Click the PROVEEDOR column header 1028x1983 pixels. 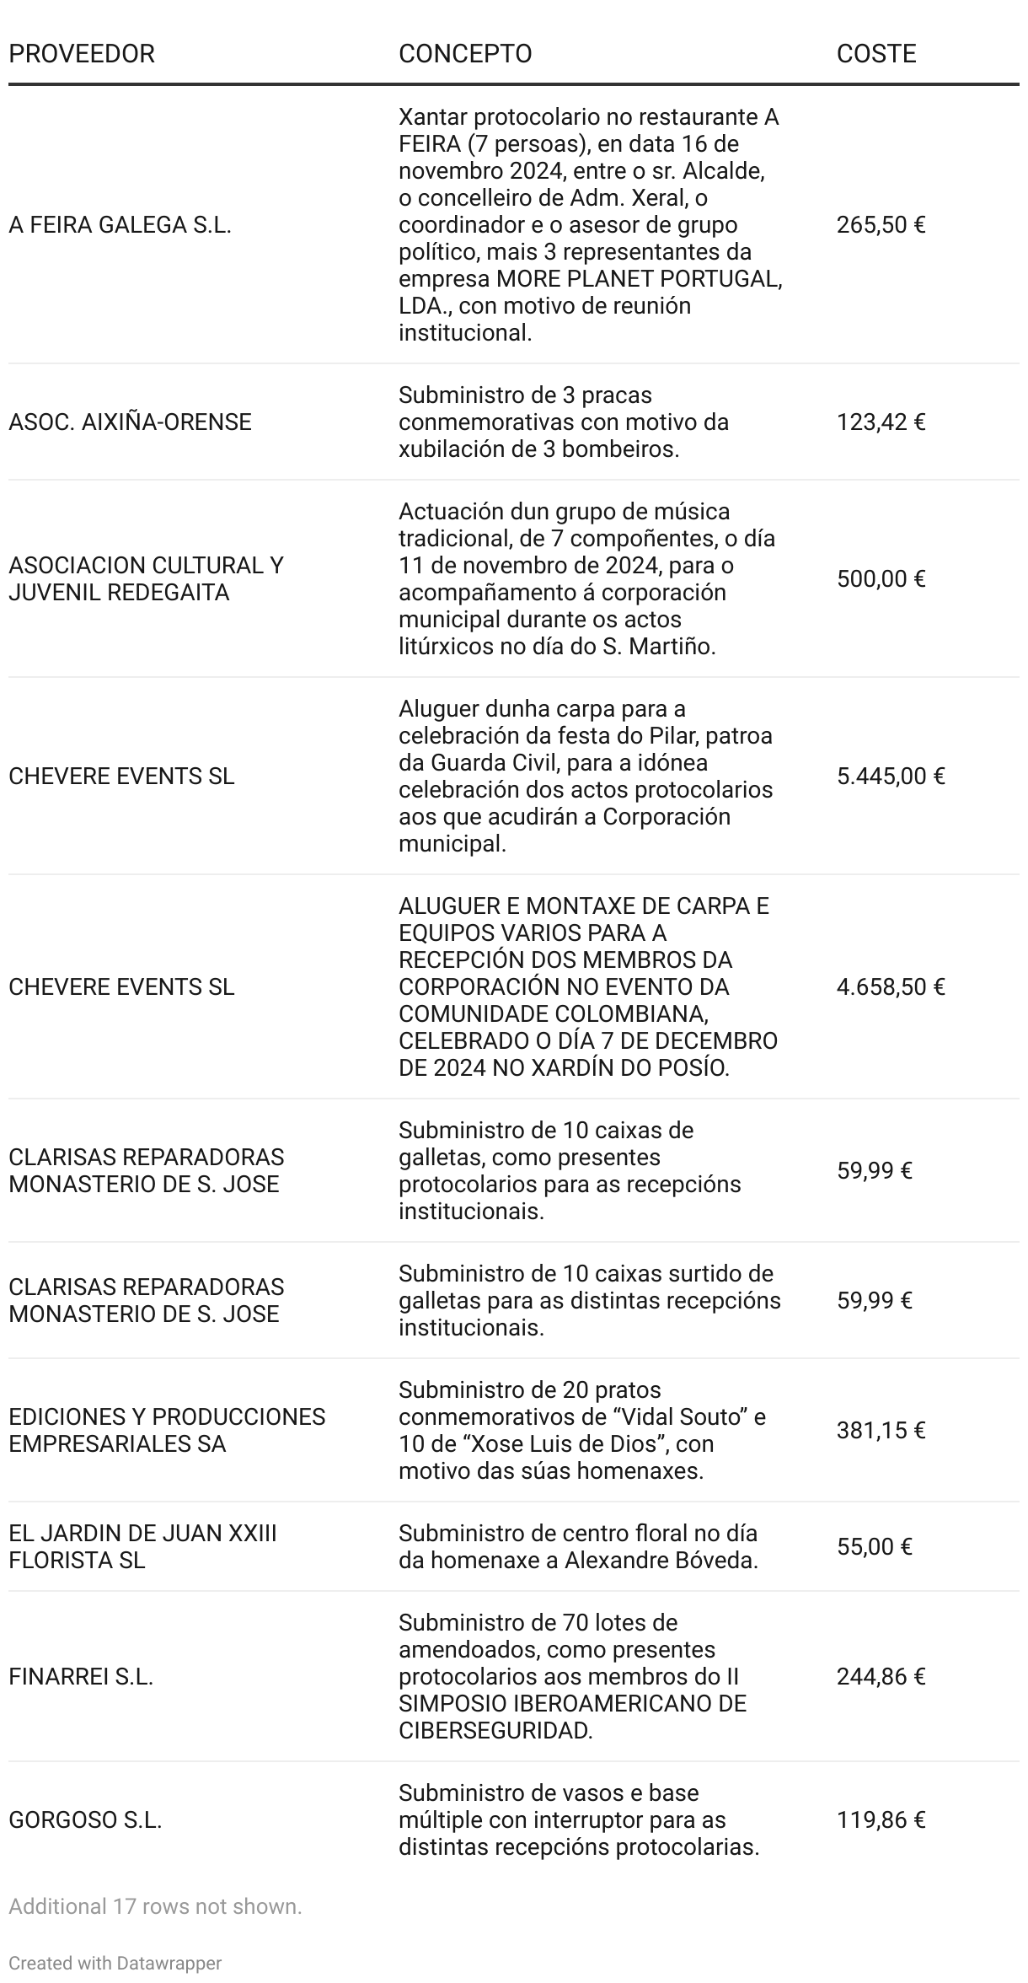click(x=82, y=54)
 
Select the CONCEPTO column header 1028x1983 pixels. click(x=465, y=54)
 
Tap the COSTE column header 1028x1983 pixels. click(x=876, y=54)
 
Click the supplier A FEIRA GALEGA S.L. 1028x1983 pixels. click(x=120, y=225)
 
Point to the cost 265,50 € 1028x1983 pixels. click(x=881, y=225)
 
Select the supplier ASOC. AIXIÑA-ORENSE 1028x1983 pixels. click(x=130, y=422)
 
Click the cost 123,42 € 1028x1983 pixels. click(x=881, y=422)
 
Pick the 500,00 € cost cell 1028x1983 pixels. click(x=881, y=579)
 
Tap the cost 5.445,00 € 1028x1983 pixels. click(x=891, y=777)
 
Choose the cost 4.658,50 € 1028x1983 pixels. click(x=891, y=987)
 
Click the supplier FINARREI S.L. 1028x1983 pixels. click(x=81, y=1677)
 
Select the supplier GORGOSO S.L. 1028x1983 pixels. click(x=85, y=1820)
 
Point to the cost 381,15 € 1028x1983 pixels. click(x=881, y=1431)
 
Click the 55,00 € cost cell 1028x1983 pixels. click(x=875, y=1547)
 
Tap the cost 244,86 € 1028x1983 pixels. click(x=881, y=1677)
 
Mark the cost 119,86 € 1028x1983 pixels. click(x=881, y=1820)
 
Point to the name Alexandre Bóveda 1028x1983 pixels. click(x=661, y=1561)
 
